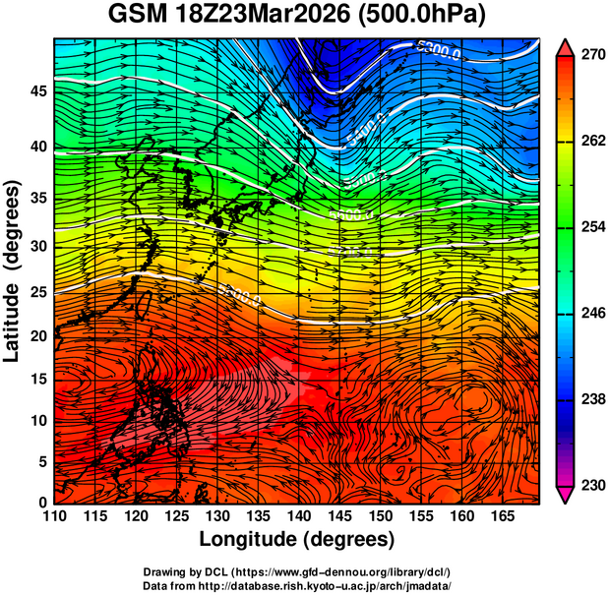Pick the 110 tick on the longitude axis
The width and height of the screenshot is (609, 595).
(54, 516)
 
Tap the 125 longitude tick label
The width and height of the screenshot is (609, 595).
(176, 516)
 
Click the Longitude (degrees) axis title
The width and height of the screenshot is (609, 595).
(297, 539)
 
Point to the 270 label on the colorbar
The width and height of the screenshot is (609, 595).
(592, 55)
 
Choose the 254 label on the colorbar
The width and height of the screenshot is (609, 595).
(592, 227)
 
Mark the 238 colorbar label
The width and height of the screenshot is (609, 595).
(592, 399)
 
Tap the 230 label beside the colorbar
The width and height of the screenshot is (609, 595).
(592, 485)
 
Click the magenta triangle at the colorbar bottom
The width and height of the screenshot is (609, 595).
(565, 495)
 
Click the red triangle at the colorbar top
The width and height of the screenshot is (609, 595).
(565, 45)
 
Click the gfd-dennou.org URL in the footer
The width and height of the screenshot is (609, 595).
(340, 572)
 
